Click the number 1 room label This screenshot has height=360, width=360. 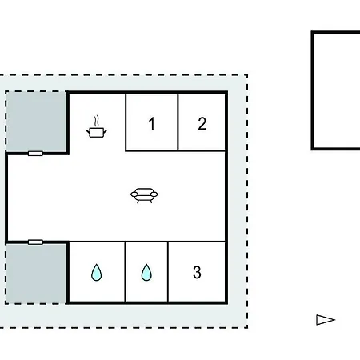coord(152,124)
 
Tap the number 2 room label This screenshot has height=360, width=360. coord(202,124)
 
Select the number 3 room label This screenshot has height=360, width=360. coord(197,272)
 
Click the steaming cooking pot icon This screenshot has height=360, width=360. coord(97,126)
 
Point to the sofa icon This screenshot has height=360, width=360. coord(144,195)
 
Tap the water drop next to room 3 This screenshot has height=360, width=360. coord(146,272)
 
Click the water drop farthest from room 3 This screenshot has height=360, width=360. coord(96,272)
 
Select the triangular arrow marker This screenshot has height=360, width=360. coord(326,320)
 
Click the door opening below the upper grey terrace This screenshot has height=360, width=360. coord(35,154)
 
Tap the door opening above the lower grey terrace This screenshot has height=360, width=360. coord(35,242)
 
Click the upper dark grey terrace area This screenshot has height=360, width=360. coord(36,122)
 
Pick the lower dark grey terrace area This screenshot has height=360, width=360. coord(36,274)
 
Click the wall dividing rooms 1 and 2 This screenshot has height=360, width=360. coord(178,122)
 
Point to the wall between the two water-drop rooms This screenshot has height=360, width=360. coord(125,272)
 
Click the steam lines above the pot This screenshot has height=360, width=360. coord(97,121)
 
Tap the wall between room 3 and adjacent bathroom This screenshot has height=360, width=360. coord(168,272)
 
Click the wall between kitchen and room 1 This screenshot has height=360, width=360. coord(126,122)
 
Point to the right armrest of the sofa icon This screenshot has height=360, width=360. coord(154,194)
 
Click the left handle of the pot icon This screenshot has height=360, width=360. coord(88,131)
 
